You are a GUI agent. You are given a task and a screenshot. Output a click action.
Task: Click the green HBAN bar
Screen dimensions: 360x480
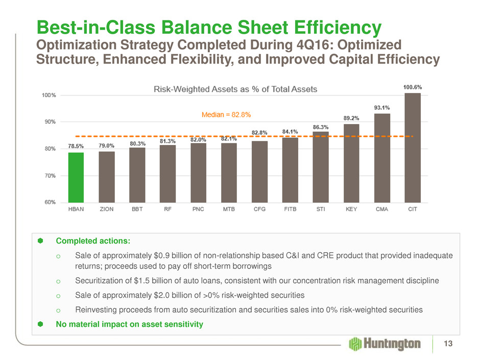click(x=76, y=177)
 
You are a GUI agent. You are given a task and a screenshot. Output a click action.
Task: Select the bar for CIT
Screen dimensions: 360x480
click(x=412, y=148)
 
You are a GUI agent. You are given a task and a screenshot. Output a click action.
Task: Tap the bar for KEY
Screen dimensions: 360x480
click(x=351, y=163)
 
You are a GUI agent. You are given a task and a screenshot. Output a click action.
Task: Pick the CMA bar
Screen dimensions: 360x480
click(x=382, y=158)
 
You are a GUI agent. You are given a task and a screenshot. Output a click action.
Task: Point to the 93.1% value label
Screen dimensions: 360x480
click(x=382, y=108)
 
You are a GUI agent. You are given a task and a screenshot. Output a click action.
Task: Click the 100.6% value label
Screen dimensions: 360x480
click(x=412, y=87)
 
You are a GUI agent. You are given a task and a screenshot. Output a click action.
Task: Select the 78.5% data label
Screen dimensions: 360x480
click(x=76, y=147)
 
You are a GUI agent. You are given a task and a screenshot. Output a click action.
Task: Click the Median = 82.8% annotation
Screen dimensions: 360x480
click(x=226, y=115)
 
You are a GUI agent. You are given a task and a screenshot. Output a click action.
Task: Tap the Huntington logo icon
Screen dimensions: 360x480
click(x=355, y=344)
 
